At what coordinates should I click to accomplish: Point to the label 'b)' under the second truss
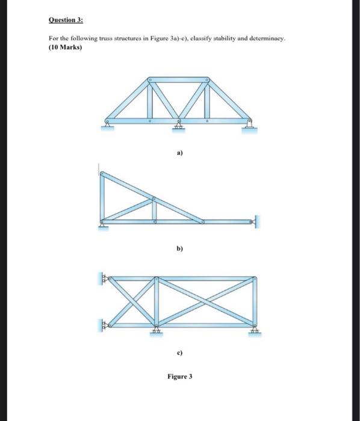179,247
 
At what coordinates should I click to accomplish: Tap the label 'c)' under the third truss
179,352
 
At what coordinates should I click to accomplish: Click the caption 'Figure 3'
179,377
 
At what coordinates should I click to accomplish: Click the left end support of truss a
107,125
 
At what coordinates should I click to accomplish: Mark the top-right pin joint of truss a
209,80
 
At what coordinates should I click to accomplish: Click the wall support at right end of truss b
256,223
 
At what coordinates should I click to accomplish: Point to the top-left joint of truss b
103,174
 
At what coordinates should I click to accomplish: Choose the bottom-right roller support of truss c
255,330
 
